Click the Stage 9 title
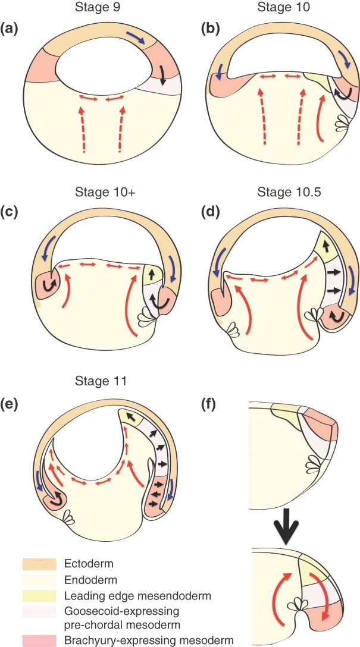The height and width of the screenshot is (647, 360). pos(96,7)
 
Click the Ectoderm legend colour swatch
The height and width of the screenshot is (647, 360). pos(39,563)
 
